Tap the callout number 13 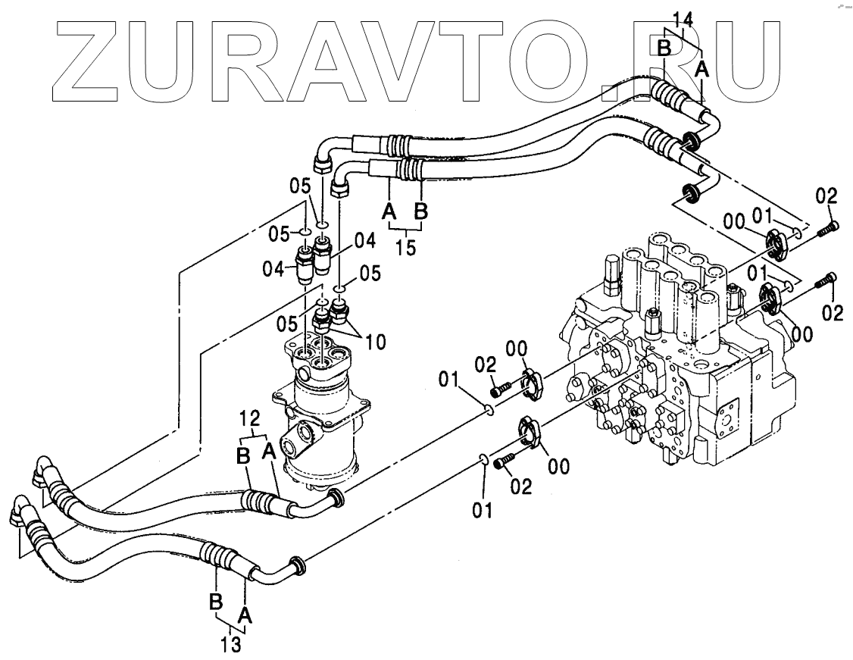[x=231, y=645]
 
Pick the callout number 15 [x=406, y=248]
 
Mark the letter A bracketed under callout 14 [x=702, y=69]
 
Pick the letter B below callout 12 [x=244, y=456]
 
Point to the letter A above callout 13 [x=245, y=612]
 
